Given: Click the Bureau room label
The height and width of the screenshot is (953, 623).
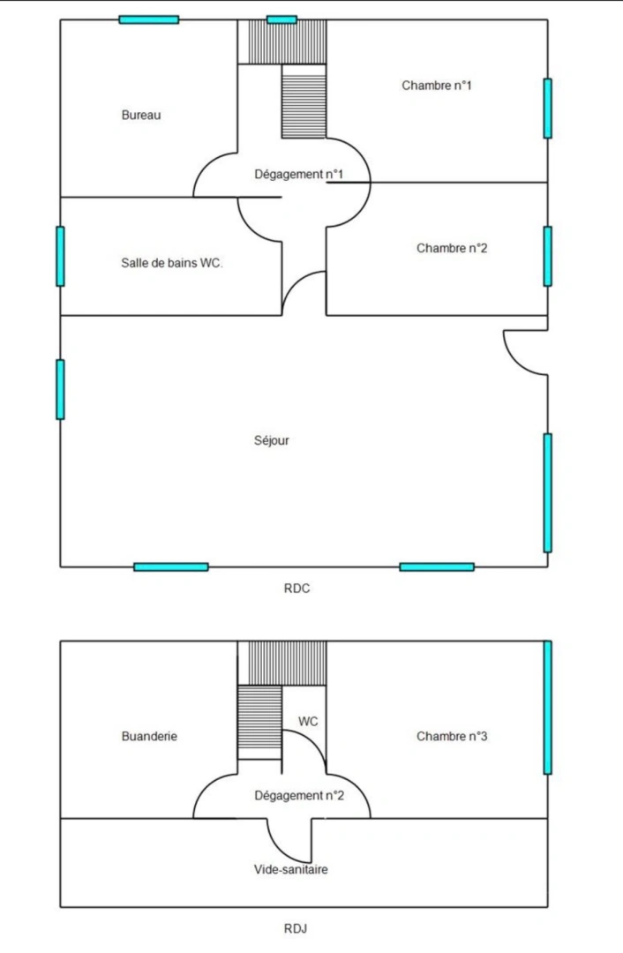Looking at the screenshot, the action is [141, 115].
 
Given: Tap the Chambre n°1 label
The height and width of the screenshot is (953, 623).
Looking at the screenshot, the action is [437, 85].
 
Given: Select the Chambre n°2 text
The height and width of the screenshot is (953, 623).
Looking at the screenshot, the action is [452, 248].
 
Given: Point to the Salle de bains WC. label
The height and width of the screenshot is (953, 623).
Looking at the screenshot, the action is [172, 263].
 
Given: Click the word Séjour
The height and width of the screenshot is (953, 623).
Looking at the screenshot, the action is [271, 440].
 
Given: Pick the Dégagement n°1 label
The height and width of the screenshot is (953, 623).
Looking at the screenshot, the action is [298, 175].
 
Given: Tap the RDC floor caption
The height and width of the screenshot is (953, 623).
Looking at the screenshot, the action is [296, 589].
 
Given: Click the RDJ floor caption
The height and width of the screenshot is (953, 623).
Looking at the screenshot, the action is [296, 928].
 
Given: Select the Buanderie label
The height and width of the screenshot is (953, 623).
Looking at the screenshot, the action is [149, 736].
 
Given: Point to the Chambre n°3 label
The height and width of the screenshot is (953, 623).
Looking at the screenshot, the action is [452, 736].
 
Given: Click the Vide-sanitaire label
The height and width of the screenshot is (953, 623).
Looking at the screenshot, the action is [290, 870].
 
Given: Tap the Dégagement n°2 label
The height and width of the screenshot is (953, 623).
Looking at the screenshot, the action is [299, 796].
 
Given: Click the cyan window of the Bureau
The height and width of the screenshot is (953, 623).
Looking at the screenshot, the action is [149, 19].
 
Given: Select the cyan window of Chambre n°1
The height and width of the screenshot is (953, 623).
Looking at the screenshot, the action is [548, 109].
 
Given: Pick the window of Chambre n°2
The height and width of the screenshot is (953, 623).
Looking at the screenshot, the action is [548, 256].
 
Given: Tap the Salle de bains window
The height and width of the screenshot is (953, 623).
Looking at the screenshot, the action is [60, 256].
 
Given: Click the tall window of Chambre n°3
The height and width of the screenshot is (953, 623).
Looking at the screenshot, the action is [548, 707].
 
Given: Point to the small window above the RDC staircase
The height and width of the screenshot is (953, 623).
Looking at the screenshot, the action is [282, 19].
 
